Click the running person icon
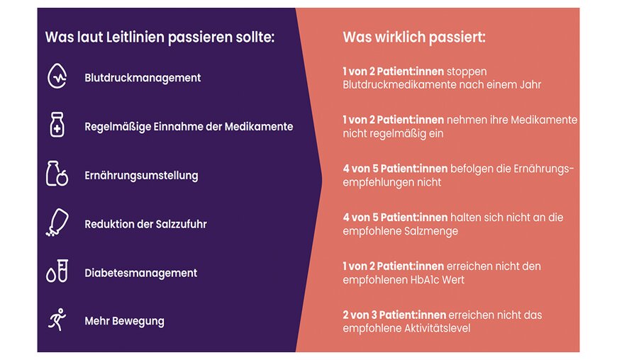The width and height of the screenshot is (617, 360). coord(57,319)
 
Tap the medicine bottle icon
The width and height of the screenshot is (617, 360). coord(57,125)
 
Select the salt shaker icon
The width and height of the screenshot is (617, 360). coord(57,223)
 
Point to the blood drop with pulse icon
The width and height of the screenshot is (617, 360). coord(57,76)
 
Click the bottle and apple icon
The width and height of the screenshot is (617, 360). coord(57,174)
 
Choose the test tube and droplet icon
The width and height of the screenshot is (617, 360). coord(57,271)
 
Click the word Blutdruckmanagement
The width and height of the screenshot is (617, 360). coord(143,78)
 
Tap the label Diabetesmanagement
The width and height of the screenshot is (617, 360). coord(141,273)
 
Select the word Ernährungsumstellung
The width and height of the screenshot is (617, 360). coord(141,175)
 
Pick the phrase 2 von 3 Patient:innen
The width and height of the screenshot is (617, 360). coord(394,315)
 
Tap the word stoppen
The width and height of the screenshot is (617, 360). coord(467,72)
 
